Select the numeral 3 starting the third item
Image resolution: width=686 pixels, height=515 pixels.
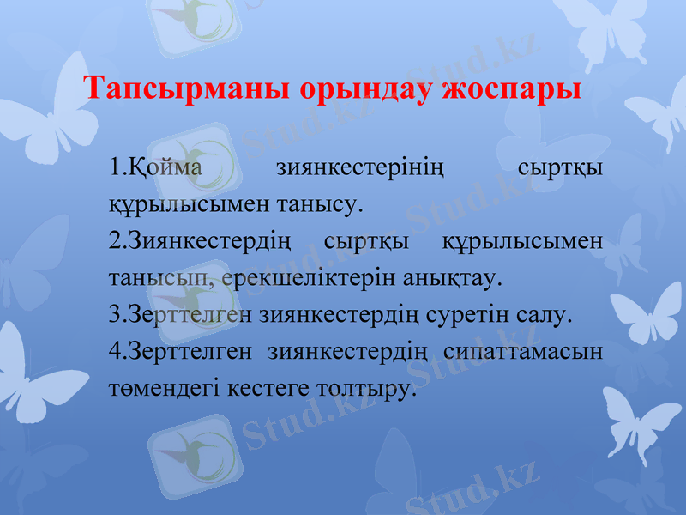(x=115, y=315)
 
